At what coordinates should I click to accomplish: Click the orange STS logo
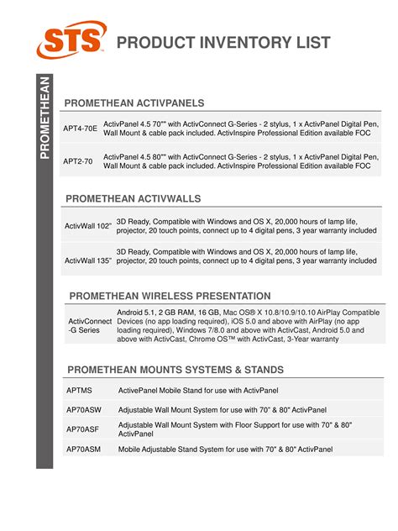(x=72, y=39)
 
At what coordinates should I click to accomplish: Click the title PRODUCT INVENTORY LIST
(x=223, y=43)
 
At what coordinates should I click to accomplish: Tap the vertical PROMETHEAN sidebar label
(x=45, y=117)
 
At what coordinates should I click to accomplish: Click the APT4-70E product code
(x=81, y=129)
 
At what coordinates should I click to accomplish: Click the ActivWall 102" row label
(x=88, y=225)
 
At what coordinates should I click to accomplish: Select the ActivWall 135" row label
(x=88, y=260)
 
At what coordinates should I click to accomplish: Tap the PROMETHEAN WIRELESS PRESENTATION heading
(x=170, y=296)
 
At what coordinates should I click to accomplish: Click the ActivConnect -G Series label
(x=89, y=326)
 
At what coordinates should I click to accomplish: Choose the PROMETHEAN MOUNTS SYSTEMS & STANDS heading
(x=175, y=370)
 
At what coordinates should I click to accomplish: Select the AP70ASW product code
(x=83, y=409)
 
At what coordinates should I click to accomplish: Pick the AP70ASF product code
(x=82, y=428)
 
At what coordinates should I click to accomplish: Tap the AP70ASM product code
(x=83, y=450)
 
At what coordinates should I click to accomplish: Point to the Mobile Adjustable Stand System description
(x=225, y=450)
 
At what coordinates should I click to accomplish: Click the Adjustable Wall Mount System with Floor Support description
(x=234, y=428)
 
